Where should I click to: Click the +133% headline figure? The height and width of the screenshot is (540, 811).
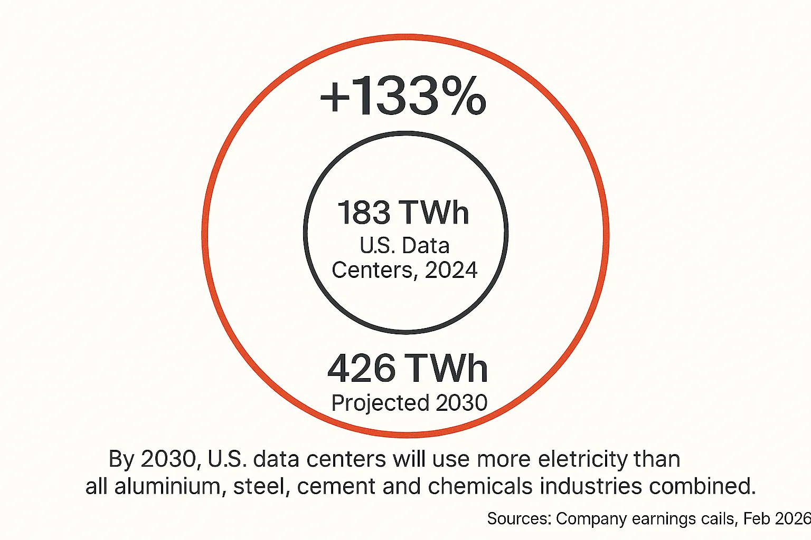[403, 96]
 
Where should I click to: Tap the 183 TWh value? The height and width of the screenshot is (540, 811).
[403, 213]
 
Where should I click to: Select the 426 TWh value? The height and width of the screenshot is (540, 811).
[407, 368]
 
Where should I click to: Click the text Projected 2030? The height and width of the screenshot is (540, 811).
[409, 403]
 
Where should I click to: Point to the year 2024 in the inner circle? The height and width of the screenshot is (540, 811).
[451, 270]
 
